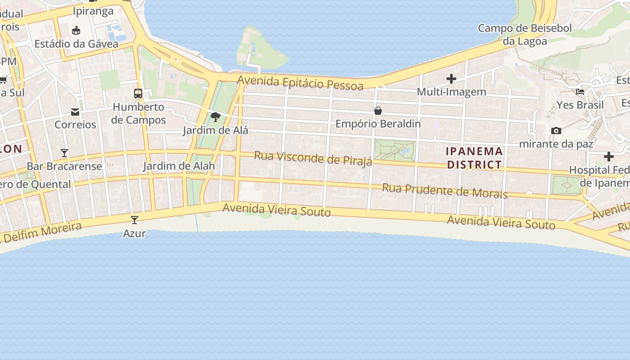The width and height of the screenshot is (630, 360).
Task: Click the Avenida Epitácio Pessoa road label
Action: (300, 83)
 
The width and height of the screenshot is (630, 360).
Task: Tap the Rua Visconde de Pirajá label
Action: (313, 158)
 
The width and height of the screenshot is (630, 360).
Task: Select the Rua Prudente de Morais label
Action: (445, 190)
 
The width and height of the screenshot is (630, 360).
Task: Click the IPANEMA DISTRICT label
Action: (474, 158)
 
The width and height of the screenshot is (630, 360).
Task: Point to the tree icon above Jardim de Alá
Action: (216, 117)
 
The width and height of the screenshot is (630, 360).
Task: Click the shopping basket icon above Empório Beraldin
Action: (378, 110)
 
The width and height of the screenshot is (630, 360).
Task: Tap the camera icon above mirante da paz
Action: (556, 130)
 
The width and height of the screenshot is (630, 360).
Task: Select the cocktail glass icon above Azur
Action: (134, 220)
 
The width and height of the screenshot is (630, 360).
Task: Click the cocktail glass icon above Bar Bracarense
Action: (64, 153)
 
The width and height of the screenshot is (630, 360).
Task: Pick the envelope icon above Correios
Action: (75, 112)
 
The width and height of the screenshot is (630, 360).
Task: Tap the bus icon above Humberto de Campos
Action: (138, 94)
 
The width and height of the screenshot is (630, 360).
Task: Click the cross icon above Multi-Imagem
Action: (451, 79)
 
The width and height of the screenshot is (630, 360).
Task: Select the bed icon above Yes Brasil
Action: (580, 92)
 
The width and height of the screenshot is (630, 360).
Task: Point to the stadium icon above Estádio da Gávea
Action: (76, 31)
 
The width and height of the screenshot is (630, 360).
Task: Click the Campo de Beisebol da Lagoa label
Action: (525, 35)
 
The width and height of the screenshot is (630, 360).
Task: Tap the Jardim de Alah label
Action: (179, 166)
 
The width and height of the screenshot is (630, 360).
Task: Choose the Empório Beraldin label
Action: (378, 124)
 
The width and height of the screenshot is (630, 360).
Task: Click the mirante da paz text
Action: (556, 144)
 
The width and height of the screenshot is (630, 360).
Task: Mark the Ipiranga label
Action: (93, 11)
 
